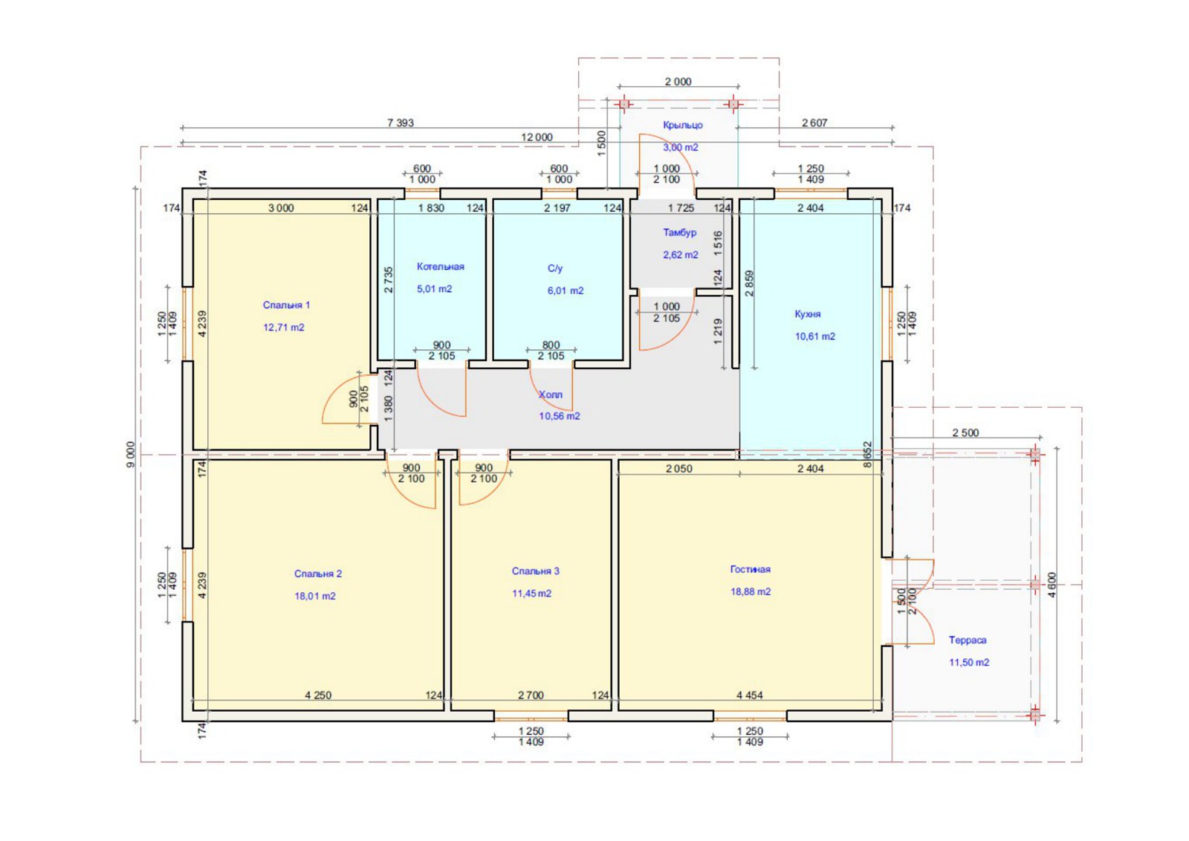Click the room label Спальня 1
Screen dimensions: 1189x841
286,305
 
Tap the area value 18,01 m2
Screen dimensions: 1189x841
315,596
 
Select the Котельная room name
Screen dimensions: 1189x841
440,267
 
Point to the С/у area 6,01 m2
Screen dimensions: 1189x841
566,290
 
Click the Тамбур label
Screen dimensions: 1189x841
679,233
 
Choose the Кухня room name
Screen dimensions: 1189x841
807,314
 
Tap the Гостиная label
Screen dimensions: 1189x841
750,569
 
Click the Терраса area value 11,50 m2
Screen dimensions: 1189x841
969,662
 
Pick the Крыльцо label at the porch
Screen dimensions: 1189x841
683,126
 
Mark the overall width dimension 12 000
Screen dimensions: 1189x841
537,137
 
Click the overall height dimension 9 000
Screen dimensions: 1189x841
131,454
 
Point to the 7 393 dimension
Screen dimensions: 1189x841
401,123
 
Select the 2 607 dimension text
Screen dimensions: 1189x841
814,123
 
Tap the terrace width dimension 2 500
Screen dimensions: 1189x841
965,432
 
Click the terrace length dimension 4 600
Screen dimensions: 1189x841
1052,585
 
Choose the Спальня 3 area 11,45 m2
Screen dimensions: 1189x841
531,593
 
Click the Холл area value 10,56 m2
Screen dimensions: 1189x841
560,416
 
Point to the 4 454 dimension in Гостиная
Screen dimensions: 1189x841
750,695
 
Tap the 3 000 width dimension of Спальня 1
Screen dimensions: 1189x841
281,208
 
